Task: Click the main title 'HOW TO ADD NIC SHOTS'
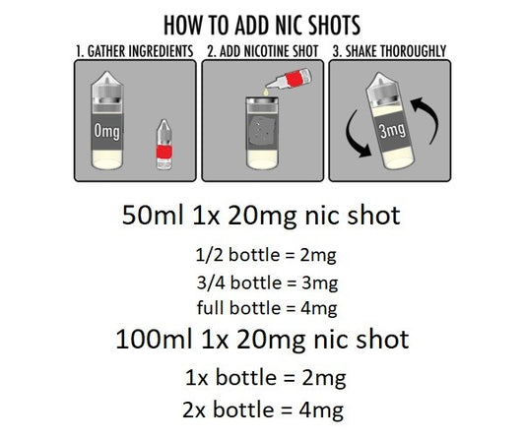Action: point(262,25)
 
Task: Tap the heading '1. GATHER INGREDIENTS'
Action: point(135,51)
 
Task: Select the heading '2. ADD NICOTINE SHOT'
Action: point(262,51)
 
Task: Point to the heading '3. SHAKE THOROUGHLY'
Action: point(389,51)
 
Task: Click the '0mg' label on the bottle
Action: point(106,131)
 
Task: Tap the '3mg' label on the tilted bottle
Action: point(392,130)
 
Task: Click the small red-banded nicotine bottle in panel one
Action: point(164,145)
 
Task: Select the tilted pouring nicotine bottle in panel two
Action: point(289,80)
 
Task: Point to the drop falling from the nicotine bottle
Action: point(266,92)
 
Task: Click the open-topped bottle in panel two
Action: point(262,133)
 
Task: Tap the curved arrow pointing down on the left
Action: point(357,135)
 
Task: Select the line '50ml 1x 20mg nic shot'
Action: point(261,215)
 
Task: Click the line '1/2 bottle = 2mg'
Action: point(266,255)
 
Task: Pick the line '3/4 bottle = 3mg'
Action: point(267,283)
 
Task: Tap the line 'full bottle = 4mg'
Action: point(267,308)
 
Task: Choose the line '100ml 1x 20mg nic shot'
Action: point(262,339)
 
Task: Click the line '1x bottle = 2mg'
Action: point(266,377)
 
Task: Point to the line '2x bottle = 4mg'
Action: point(263,409)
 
